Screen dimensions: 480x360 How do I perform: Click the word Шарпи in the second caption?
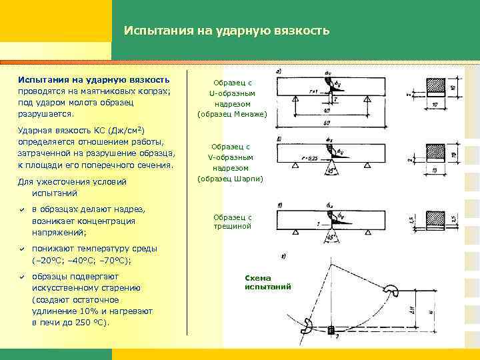248,179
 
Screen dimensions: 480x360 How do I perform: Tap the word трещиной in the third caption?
233,227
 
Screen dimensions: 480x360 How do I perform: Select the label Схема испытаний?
268,282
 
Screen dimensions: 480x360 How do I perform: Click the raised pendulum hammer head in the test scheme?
391,291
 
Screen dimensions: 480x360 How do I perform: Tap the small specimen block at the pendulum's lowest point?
331,329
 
